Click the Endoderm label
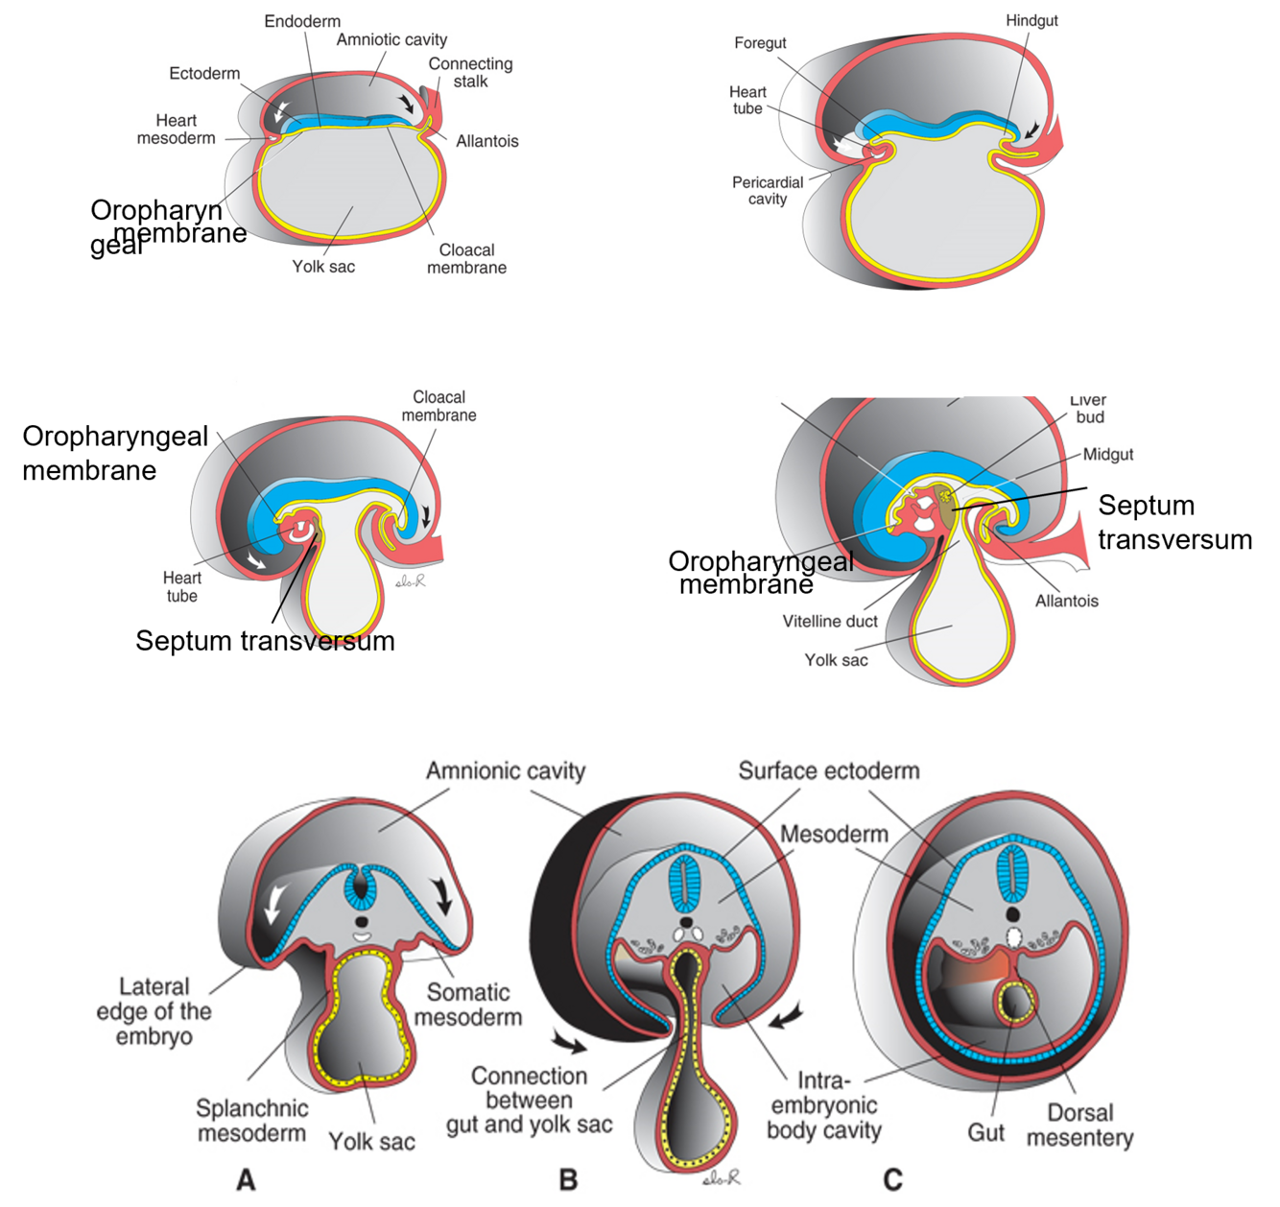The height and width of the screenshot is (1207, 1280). tap(302, 21)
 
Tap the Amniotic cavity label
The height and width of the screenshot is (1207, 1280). tap(391, 39)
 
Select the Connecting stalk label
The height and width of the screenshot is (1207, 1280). tap(470, 72)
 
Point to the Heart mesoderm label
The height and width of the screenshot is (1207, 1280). tap(176, 130)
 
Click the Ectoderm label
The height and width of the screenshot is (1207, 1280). tap(204, 73)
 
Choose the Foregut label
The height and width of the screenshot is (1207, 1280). tap(760, 43)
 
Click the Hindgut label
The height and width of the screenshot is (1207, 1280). tap(1031, 20)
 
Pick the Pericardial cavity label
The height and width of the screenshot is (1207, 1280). tap(768, 190)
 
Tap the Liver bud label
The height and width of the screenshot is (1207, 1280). tap(1089, 409)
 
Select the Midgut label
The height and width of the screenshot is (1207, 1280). tap(1108, 454)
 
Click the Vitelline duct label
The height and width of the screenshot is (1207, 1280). tap(830, 621)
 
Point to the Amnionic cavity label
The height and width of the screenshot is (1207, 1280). tap(506, 770)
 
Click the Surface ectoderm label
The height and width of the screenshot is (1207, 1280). tap(828, 770)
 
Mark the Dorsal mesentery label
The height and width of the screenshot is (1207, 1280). tap(1079, 1125)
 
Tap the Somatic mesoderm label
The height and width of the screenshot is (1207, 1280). tap(468, 1005)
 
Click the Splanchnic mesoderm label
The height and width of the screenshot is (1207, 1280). tap(252, 1121)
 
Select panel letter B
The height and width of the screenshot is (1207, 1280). tap(568, 1179)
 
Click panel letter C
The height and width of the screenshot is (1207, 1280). tap(892, 1179)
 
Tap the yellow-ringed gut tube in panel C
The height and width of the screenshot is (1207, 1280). tap(1015, 1001)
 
